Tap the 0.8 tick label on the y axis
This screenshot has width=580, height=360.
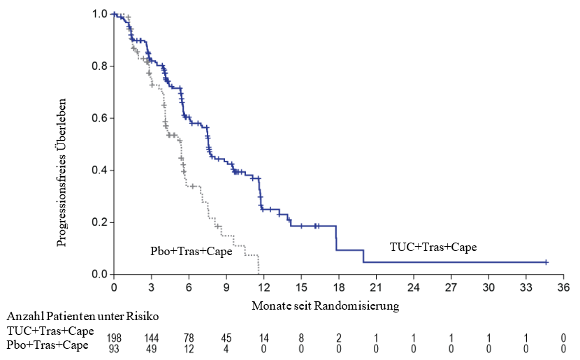(99, 66)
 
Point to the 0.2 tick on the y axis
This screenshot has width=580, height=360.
(99, 222)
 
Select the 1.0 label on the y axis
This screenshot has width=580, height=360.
(99, 14)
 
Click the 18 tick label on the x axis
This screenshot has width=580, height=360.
(338, 287)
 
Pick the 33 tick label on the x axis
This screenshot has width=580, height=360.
(526, 287)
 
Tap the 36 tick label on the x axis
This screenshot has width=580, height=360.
(563, 287)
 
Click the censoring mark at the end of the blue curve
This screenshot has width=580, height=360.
(546, 262)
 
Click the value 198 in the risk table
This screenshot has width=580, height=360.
(113, 338)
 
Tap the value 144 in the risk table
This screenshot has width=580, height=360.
(151, 338)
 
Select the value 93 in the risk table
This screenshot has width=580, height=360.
(113, 349)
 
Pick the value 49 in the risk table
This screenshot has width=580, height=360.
(151, 349)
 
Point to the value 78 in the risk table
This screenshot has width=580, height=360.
(189, 338)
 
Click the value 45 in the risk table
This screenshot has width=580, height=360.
(226, 338)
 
